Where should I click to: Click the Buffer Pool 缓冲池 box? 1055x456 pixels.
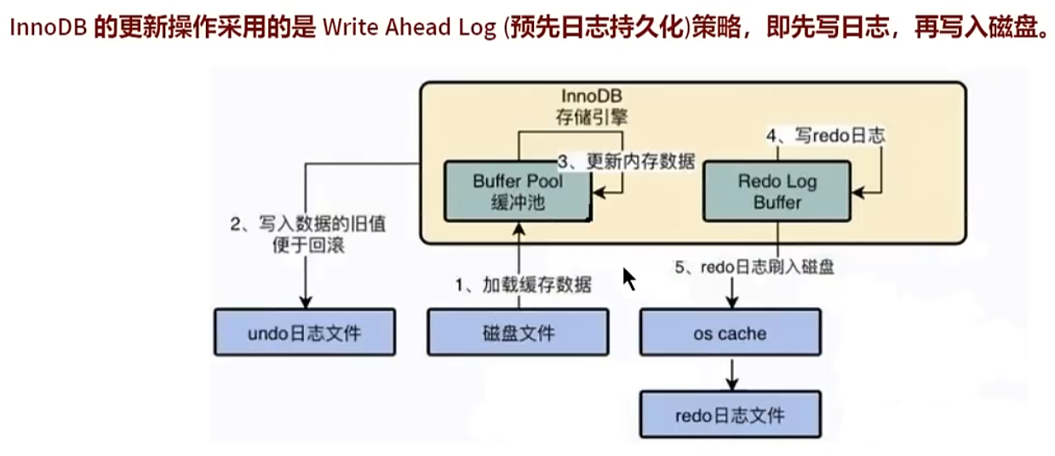pos(518,193)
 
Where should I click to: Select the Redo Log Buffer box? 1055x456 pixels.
pos(777,193)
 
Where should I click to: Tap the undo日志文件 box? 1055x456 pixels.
pos(304,332)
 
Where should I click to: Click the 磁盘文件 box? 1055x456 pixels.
pos(518,332)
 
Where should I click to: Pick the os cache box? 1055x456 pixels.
pos(730,332)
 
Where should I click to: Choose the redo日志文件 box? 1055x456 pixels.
pos(730,415)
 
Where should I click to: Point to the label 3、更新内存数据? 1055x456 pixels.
pos(626,161)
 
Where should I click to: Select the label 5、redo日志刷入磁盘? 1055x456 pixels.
pos(754,267)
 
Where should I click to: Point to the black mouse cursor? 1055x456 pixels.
pos(629,279)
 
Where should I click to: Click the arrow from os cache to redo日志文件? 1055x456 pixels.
pos(731,373)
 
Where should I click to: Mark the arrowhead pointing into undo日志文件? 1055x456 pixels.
pos(304,302)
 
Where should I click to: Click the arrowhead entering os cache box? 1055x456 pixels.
pos(731,302)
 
